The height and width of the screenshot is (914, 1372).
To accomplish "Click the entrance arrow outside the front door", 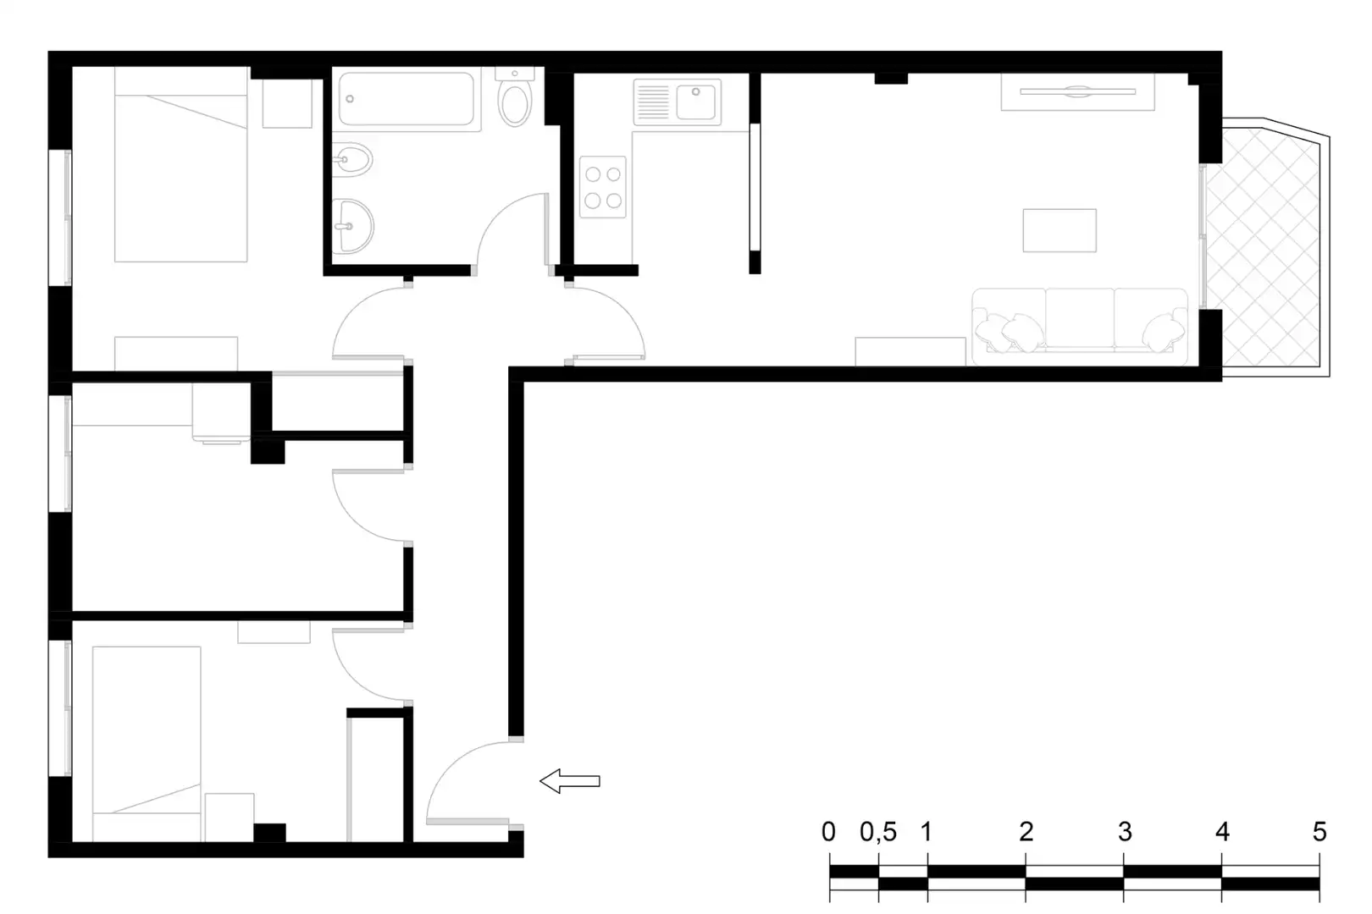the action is (x=570, y=781).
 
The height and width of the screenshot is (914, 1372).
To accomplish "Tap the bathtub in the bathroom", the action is (x=407, y=99).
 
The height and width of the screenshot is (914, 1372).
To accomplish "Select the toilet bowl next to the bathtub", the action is (x=515, y=104).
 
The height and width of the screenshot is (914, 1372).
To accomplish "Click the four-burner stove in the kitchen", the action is (x=603, y=187).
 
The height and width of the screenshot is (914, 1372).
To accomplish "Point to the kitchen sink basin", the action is (x=696, y=102).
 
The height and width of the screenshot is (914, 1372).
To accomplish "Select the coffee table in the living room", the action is (x=1059, y=230).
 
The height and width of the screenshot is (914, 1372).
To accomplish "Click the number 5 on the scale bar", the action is (x=1319, y=832).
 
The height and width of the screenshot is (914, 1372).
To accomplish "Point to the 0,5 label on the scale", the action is (x=878, y=832).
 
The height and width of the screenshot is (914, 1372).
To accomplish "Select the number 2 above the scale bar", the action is (x=1026, y=832).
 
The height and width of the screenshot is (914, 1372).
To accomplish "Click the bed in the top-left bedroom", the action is (x=180, y=164).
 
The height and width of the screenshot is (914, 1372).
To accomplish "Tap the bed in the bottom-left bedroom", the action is (x=147, y=744).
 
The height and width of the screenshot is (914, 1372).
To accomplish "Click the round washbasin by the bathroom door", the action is (x=353, y=226).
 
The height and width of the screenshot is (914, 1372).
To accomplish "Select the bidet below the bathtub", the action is (x=352, y=161).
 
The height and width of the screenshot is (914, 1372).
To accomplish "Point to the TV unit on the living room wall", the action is (x=1077, y=92).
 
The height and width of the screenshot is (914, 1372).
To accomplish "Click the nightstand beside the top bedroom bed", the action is (x=287, y=103).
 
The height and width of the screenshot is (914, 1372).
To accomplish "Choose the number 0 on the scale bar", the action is (x=828, y=832).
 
